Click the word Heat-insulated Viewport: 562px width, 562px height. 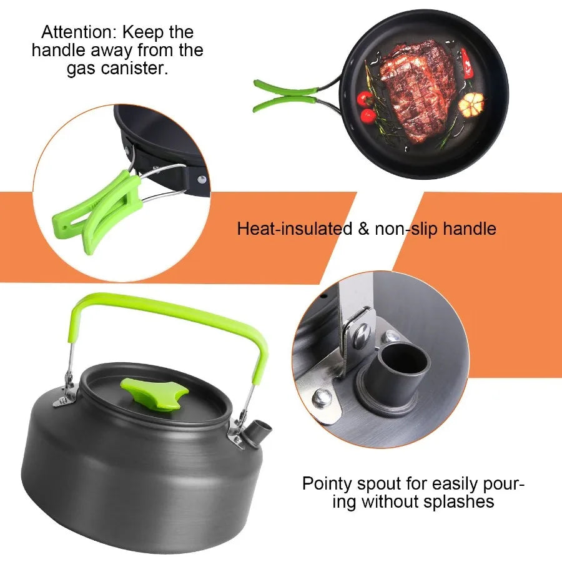pyautogui.click(x=294, y=229)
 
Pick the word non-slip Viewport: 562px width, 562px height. pyautogui.click(x=407, y=229)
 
